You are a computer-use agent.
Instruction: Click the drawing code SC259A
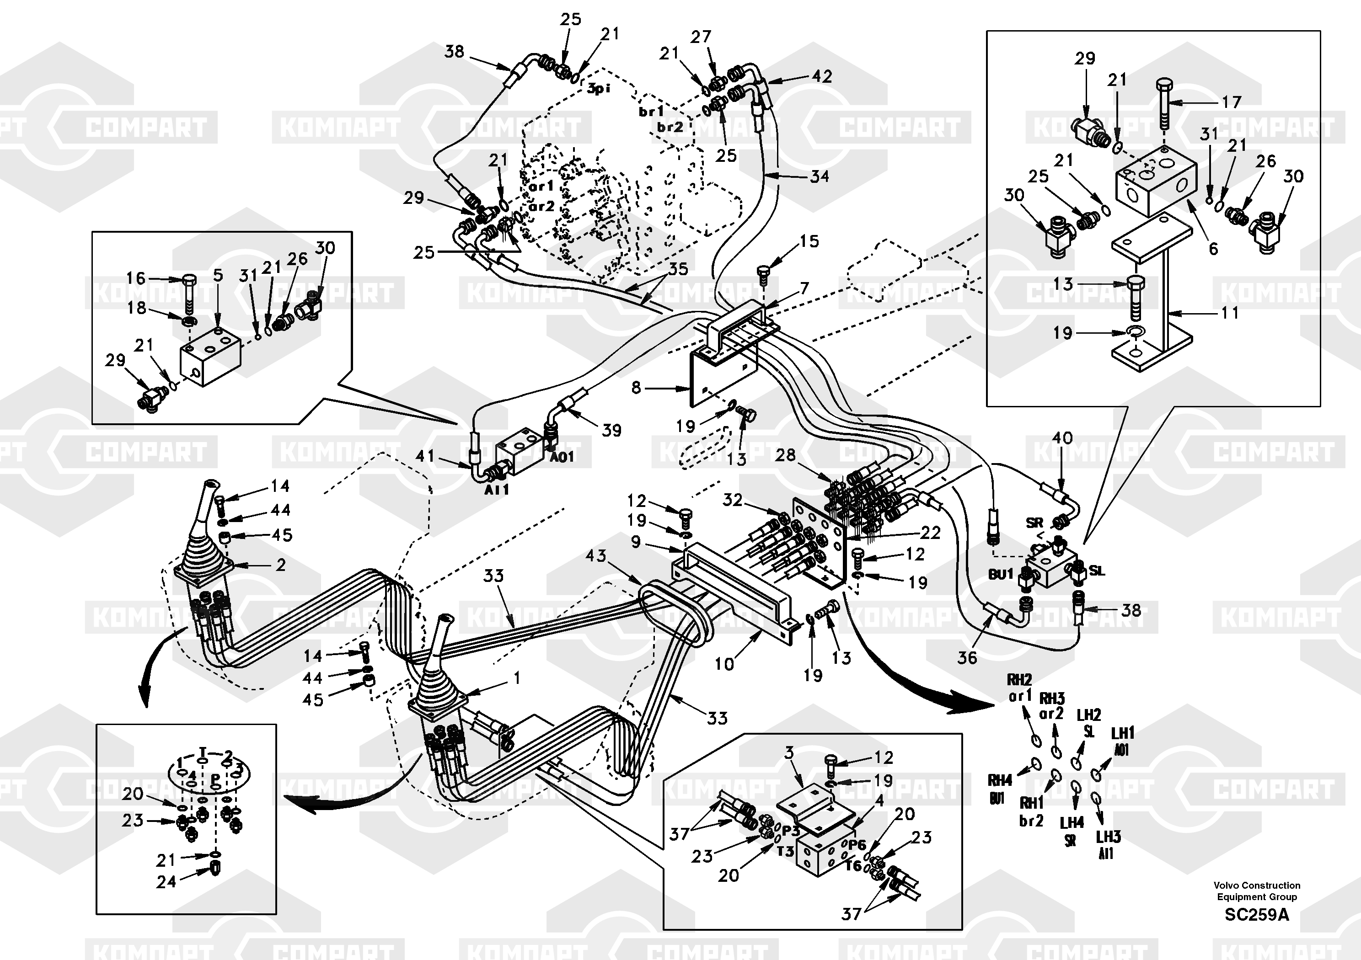(1257, 914)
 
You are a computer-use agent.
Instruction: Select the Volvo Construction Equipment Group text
(1257, 891)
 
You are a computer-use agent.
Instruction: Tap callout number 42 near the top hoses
(821, 76)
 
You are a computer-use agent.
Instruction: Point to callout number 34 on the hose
(820, 176)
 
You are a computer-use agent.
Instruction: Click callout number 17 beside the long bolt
(1231, 102)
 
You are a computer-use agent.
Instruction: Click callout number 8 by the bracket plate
(636, 388)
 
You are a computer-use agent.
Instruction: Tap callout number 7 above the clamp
(804, 288)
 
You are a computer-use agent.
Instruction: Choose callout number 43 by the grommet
(596, 556)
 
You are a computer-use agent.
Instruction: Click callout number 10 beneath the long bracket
(724, 664)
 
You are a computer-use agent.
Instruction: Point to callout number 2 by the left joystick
(280, 565)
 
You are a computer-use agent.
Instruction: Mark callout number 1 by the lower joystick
(517, 678)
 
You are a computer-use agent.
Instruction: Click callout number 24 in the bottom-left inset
(166, 882)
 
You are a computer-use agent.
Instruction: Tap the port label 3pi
(599, 89)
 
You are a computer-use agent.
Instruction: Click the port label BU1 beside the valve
(1000, 574)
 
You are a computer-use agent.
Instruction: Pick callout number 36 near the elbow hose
(967, 657)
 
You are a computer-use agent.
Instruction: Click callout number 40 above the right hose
(1062, 438)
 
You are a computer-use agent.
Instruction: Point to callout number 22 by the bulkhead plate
(930, 533)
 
